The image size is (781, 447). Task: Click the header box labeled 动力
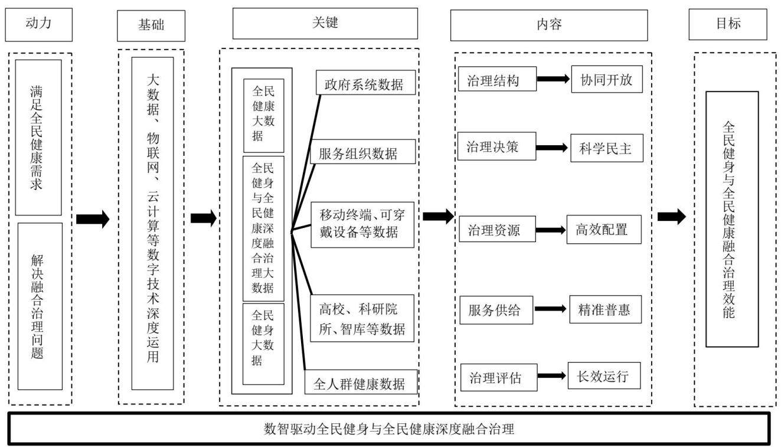point(39,25)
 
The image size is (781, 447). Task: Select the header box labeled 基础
point(151,25)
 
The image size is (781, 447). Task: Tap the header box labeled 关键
point(325,24)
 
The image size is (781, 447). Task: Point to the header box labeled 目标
point(728,24)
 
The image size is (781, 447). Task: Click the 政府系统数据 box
point(366,82)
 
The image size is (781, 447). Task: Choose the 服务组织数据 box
point(362,152)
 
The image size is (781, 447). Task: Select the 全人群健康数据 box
point(361,382)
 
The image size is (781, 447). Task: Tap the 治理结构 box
point(497,79)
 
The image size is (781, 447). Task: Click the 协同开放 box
point(607,79)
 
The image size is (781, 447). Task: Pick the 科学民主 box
point(607,148)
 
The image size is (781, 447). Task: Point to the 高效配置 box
point(604,229)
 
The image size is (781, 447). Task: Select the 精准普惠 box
point(605,309)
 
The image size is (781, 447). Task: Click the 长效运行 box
point(604,376)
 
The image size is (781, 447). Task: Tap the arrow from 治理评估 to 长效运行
point(551,376)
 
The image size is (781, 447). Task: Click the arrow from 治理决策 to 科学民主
point(551,148)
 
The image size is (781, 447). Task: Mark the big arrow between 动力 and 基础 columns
point(93,219)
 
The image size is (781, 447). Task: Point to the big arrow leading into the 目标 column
point(672,217)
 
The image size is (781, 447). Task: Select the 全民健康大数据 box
point(264,115)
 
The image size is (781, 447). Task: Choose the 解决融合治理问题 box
point(40,306)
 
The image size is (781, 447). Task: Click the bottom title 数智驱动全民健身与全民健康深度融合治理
point(389,429)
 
